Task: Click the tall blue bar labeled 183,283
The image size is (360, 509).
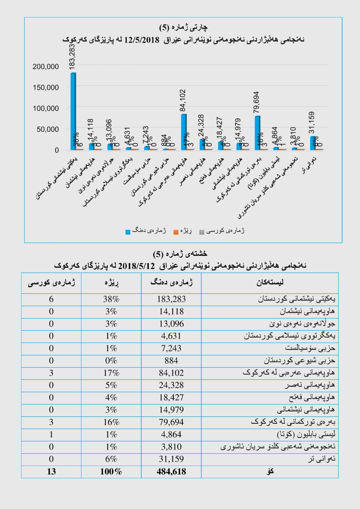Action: tap(73, 111)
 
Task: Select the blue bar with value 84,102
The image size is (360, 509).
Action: tap(184, 132)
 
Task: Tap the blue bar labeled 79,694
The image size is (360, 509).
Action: tap(257, 133)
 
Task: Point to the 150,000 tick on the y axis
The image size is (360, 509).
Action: tap(46, 87)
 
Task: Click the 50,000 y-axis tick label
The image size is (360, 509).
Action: tap(48, 129)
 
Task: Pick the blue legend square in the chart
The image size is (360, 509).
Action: tap(128, 232)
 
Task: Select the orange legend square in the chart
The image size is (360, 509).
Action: tap(176, 232)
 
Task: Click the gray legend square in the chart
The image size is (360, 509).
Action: tap(201, 232)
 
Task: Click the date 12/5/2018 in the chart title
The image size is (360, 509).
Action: tap(142, 40)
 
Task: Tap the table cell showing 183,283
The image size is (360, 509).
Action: tap(171, 299)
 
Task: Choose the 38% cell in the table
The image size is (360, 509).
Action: tap(111, 299)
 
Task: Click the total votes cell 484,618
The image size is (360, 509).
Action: tap(171, 471)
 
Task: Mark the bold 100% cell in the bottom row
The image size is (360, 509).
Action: tap(111, 471)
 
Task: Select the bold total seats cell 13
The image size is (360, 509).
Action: tap(51, 471)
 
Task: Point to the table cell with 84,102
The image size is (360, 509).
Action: tap(171, 373)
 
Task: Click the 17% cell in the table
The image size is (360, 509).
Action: tap(111, 373)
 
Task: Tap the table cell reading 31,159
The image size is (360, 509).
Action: tap(171, 459)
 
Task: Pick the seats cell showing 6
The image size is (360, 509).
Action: tap(51, 299)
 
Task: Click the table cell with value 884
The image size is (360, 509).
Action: tap(171, 360)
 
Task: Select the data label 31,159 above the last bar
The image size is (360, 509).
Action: tap(312, 122)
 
